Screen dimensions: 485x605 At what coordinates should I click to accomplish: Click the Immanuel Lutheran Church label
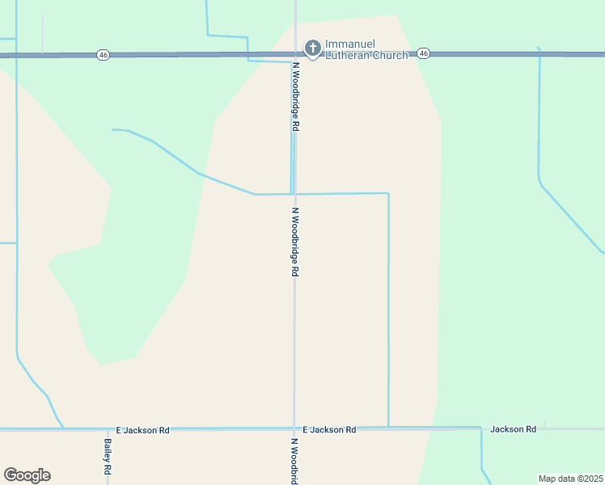366,49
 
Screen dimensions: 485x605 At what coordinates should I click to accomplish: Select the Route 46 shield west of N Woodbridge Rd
102,54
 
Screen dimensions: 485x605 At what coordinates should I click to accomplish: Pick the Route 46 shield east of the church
424,53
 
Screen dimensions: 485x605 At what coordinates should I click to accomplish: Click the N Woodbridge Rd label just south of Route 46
297,96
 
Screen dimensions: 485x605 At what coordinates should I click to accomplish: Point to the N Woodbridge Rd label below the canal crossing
296,242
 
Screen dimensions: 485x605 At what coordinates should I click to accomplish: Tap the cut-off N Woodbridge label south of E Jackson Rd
295,461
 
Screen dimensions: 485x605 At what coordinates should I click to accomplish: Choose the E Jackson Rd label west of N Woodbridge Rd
142,431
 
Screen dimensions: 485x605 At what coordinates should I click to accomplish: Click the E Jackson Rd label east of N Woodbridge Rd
329,430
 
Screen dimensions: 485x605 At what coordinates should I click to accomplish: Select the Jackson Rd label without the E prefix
513,429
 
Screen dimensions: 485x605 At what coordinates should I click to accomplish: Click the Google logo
27,475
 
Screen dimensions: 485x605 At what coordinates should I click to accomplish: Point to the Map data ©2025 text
569,479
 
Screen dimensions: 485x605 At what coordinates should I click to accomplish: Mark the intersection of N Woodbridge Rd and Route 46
295,54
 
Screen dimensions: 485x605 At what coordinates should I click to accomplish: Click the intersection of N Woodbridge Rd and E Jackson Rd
294,428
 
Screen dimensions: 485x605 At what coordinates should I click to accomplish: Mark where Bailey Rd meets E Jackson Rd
108,429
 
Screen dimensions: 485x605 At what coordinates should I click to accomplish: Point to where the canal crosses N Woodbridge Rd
294,194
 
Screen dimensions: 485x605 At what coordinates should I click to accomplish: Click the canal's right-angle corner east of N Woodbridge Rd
388,194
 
